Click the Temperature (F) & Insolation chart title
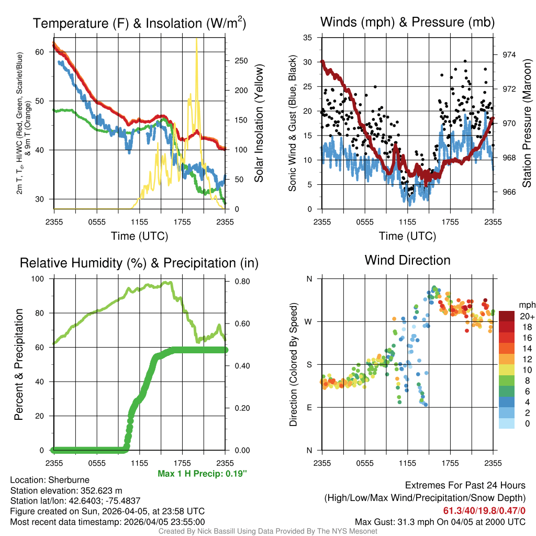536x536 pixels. (x=139, y=24)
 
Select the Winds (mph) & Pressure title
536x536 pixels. (x=407, y=23)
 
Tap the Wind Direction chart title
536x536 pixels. (x=407, y=260)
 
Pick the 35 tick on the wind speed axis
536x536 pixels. (x=308, y=37)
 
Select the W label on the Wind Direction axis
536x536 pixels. (x=309, y=321)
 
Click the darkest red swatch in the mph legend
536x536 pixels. (x=507, y=316)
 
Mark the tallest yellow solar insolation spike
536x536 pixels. (x=196, y=42)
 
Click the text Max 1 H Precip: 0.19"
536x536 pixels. (x=202, y=474)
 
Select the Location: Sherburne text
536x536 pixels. (x=50, y=480)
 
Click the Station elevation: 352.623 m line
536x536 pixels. (x=66, y=490)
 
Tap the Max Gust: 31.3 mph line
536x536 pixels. (x=440, y=521)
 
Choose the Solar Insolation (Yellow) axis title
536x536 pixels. (x=259, y=124)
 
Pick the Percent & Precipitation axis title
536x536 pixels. (x=18, y=364)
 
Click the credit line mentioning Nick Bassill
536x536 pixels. (x=268, y=531)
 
